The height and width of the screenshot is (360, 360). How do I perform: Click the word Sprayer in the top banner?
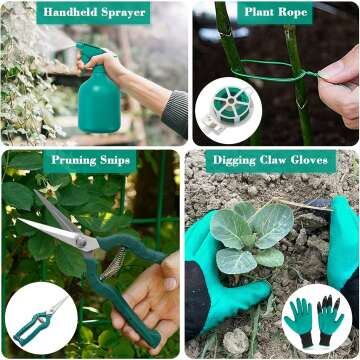tap(125, 14)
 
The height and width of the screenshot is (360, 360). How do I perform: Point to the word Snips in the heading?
tap(118, 161)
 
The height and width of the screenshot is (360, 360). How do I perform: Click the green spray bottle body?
tap(99, 100)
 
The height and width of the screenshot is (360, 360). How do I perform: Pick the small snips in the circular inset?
tap(40, 319)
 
